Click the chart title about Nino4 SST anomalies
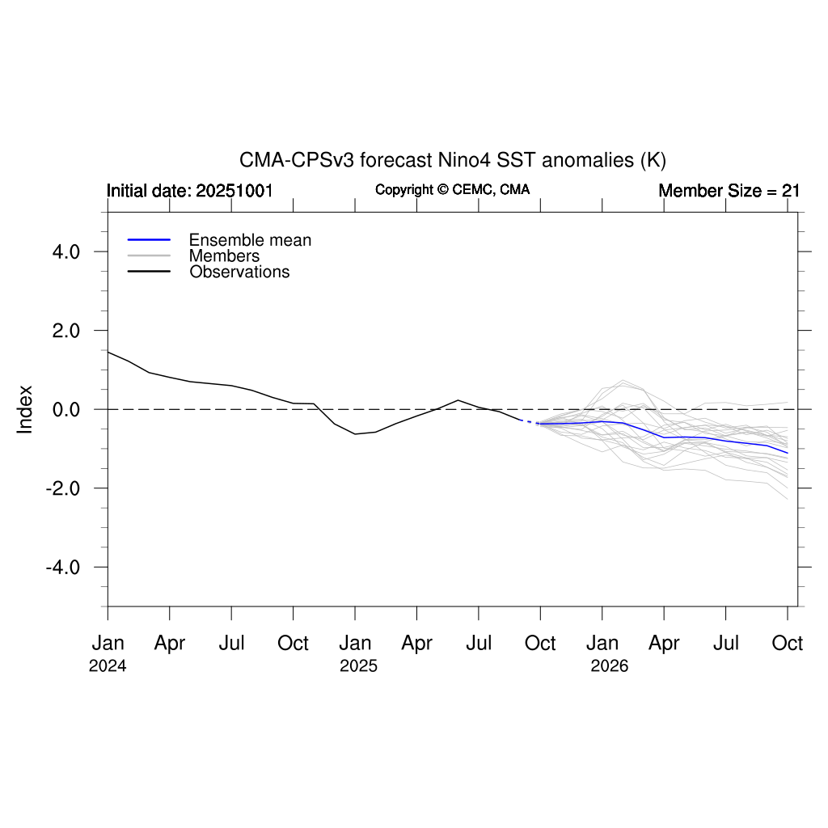tap(452, 160)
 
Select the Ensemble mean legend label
tap(250, 240)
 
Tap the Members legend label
tap(224, 256)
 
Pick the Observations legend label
tap(239, 272)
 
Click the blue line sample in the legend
tap(149, 240)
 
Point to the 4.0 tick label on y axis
tap(61, 252)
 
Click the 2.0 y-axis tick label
tap(61, 331)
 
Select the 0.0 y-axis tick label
tap(61, 410)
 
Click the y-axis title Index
tap(25, 409)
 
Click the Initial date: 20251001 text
tap(189, 191)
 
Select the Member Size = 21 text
tap(729, 191)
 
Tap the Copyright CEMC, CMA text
tap(452, 190)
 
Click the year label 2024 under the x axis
tap(108, 668)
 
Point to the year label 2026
tap(609, 668)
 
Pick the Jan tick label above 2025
tap(355, 644)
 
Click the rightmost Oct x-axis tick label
tap(788, 644)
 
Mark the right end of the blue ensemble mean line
tap(788, 453)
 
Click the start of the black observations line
tap(108, 352)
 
